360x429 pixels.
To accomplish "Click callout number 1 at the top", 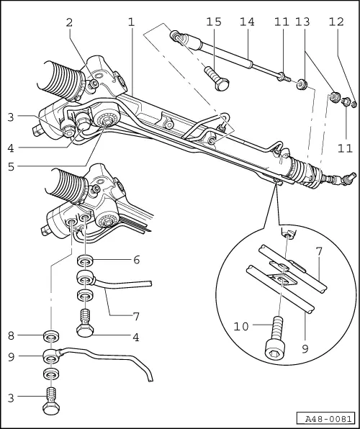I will [x=131, y=22].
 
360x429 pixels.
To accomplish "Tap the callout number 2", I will [x=69, y=22].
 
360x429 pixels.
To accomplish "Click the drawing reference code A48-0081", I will [x=325, y=418].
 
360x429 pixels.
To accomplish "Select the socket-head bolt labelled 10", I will [x=274, y=343].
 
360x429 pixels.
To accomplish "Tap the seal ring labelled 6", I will [x=85, y=260].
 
